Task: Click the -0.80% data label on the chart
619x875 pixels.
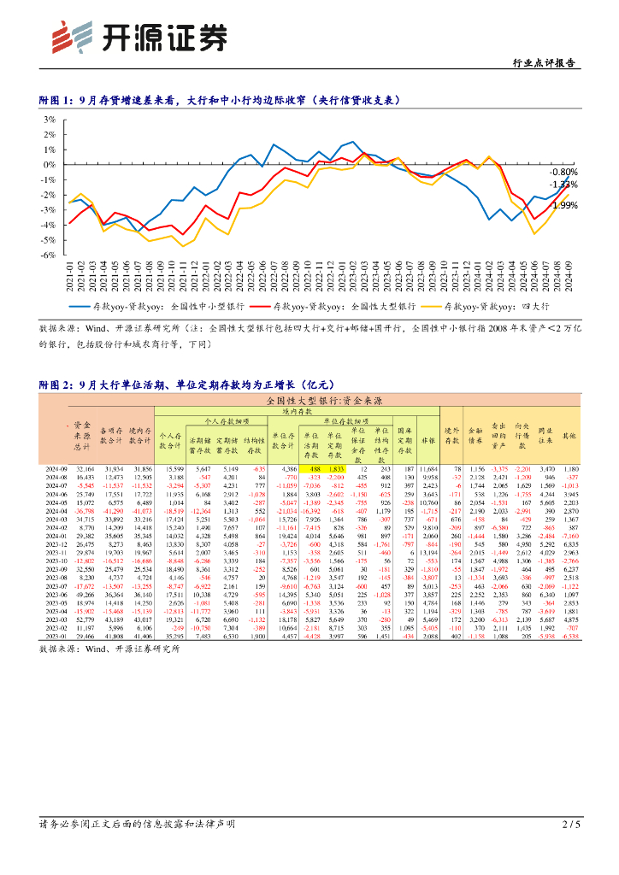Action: (x=563, y=172)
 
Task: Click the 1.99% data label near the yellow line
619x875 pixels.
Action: (x=564, y=205)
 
